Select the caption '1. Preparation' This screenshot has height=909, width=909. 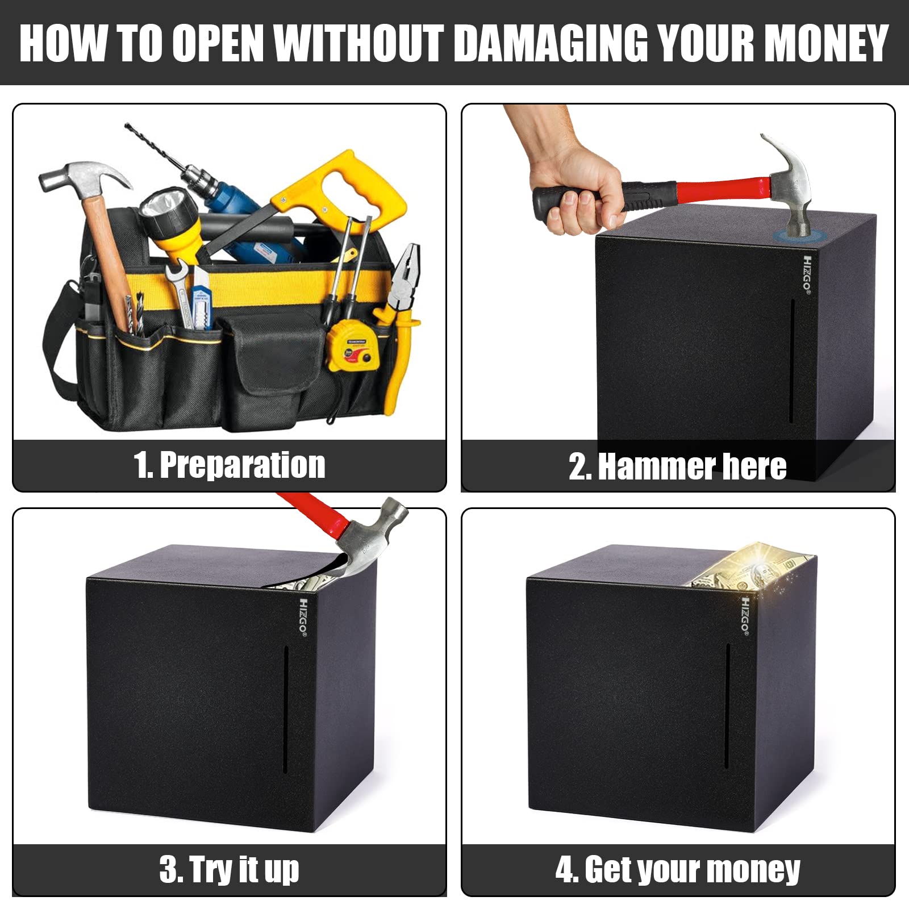click(x=230, y=465)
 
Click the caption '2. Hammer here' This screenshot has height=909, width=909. click(x=678, y=466)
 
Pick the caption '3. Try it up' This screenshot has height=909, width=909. click(x=230, y=870)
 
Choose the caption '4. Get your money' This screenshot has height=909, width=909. click(x=678, y=870)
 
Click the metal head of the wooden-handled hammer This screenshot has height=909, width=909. click(x=85, y=179)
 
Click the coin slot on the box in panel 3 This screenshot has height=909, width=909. click(x=286, y=709)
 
